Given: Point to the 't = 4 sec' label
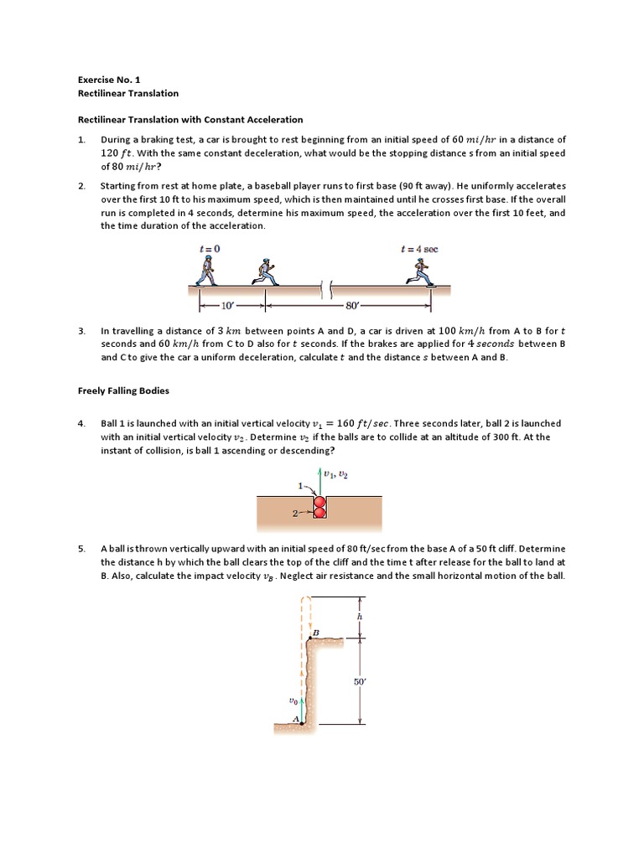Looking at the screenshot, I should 420,249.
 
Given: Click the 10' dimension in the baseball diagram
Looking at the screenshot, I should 226,306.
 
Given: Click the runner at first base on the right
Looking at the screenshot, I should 420,271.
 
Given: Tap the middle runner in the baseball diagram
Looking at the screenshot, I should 264,271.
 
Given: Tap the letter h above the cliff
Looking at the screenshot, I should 359,616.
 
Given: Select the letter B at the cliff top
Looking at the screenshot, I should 316,632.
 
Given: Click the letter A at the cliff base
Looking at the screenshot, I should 295,719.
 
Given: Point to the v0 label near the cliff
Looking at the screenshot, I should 293,700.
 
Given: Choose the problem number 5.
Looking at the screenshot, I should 82,550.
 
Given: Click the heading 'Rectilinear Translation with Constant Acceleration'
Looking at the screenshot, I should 190,120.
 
